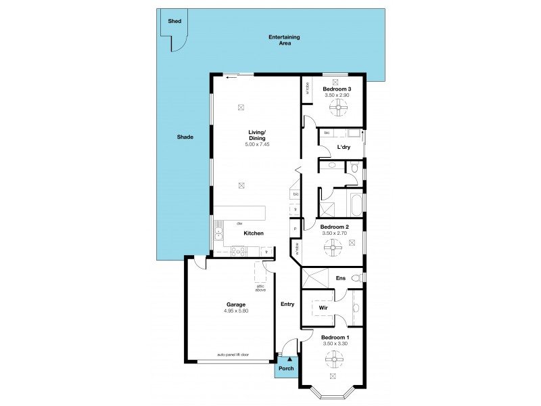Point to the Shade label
(185, 137)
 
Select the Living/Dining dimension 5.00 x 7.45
(257, 144)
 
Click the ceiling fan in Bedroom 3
(332, 104)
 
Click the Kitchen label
(254, 233)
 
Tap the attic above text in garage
(261, 288)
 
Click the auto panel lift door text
(233, 355)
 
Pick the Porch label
(285, 369)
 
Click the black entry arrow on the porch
(290, 360)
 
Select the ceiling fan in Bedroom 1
(332, 359)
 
